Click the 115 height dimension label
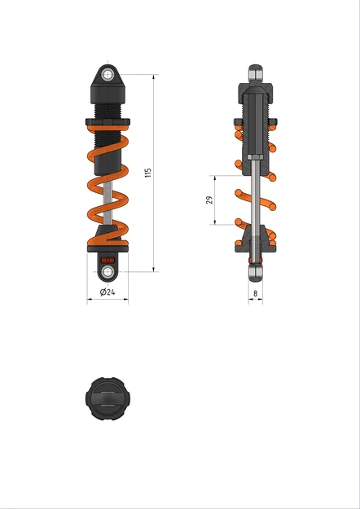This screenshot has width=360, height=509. (147, 173)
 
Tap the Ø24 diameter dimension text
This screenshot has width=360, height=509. (107, 292)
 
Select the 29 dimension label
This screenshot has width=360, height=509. (209, 200)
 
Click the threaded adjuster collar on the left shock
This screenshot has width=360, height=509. (108, 123)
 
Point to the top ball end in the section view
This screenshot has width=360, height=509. (256, 72)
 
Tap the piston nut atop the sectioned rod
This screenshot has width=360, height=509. (256, 156)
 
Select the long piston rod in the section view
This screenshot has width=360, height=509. (256, 195)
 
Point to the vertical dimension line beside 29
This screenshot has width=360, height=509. (216, 200)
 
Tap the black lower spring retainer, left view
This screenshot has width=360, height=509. (107, 238)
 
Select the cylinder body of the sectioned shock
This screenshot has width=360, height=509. (256, 122)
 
